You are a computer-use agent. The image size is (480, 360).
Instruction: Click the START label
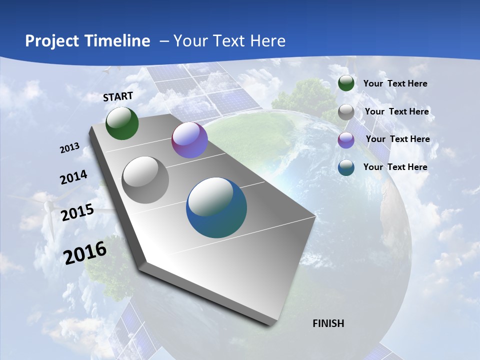118,96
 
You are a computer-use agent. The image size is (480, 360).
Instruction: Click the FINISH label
328,323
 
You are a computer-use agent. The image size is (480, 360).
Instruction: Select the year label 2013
69,148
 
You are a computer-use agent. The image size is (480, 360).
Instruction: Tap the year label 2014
73,177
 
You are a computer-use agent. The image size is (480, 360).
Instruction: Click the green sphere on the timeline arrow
122,123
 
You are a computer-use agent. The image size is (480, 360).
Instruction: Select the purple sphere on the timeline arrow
189,140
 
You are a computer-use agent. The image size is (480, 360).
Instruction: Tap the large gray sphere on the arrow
145,180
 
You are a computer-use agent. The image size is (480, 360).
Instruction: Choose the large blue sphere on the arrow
216,207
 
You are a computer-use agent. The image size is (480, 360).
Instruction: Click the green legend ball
346,83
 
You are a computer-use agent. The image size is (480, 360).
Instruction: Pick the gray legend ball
346,112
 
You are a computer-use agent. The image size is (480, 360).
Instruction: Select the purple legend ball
346,140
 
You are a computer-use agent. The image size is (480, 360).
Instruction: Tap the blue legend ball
346,167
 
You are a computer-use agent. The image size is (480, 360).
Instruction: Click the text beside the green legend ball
395,83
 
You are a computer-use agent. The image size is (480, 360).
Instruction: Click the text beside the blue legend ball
395,167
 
